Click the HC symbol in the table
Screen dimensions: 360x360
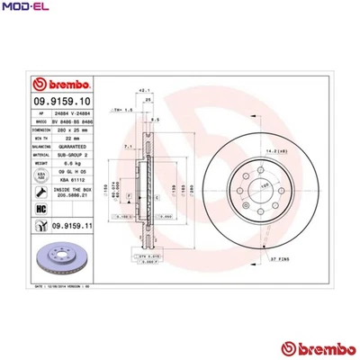(x=40, y=209)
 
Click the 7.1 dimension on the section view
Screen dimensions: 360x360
(x=128, y=146)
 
